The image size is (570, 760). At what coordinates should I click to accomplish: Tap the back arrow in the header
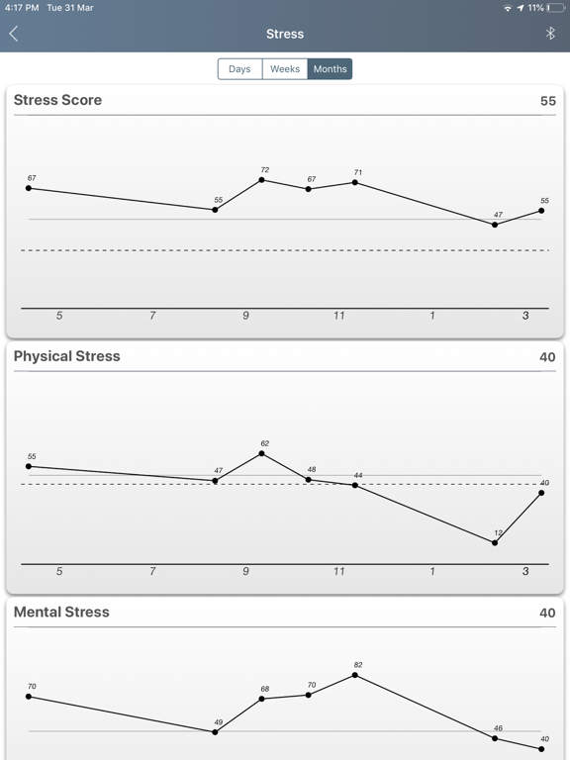pos(14,34)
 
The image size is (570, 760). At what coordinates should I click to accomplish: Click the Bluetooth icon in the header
pos(551,34)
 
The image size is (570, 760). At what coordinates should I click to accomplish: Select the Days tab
pos(239,69)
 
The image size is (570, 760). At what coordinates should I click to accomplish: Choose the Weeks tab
pos(285,69)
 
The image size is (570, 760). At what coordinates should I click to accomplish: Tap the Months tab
pos(330,69)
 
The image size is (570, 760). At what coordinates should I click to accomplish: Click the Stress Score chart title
pos(57,100)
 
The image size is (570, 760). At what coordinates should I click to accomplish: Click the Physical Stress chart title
pos(66,356)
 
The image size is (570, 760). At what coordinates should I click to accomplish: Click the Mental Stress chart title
pos(61,613)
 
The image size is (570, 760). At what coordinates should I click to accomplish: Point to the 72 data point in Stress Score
pos(262,180)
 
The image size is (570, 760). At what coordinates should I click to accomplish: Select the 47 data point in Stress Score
pos(495,225)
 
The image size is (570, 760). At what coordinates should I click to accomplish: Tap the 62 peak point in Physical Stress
pos(262,454)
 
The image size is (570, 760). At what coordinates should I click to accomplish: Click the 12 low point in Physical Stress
pos(495,542)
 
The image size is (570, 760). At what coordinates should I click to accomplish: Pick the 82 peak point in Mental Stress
pos(355,675)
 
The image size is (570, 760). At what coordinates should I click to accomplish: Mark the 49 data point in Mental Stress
pos(215,732)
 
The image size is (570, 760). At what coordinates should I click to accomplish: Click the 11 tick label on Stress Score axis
pos(339,316)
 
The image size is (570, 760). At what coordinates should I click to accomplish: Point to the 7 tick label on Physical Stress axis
pos(152,571)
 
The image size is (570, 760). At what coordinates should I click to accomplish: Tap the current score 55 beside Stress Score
pos(547,101)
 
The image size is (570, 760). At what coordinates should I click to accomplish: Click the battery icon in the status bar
pos(555,8)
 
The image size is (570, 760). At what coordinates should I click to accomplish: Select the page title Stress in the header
pos(285,34)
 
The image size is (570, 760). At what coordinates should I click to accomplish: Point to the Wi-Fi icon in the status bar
pos(508,8)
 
